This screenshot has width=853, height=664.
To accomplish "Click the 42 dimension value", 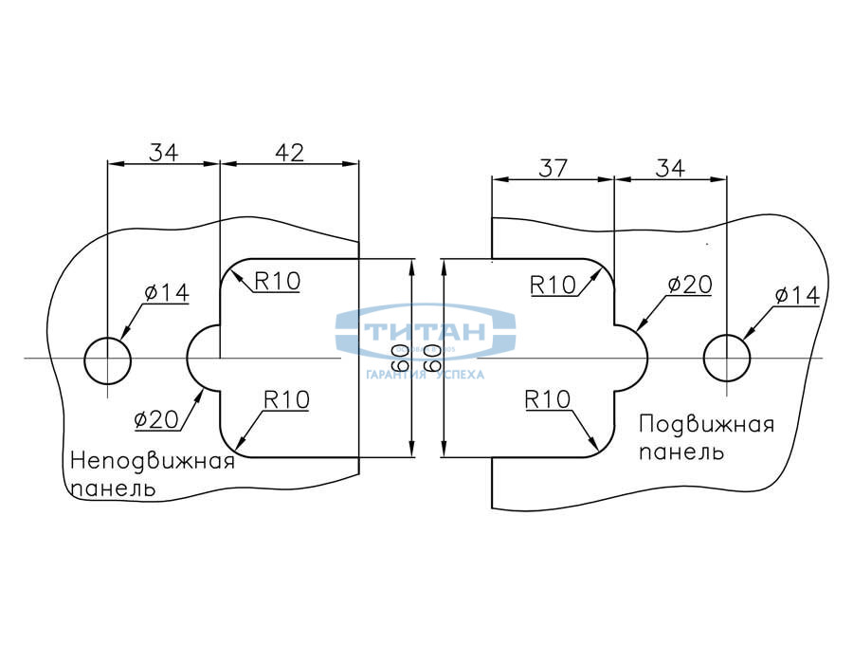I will pos(289,152).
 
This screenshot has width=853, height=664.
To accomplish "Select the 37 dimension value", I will pos(553,168).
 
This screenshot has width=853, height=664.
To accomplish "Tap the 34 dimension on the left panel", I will pos(163,152).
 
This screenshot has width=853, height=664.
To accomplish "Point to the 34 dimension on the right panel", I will pos(670,168).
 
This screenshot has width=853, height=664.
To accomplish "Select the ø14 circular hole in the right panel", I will pos(727,359).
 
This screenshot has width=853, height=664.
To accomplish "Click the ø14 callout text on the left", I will pos(167,292).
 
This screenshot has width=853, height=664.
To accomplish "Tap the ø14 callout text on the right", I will pos(796,295).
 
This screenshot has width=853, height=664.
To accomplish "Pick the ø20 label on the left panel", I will pos(157,418).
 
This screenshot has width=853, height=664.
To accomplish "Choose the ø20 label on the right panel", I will pos(689,284).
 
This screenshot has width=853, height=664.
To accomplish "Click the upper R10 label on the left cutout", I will pos(277,280).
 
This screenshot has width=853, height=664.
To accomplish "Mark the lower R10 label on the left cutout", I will pos(286,399).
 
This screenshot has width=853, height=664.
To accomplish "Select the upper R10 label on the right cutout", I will pos(554,284).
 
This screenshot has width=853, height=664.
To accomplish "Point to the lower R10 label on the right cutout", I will pos(549,399).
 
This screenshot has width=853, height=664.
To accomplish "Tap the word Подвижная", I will pos(706,424).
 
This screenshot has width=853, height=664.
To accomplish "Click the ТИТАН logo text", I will pos(426,332).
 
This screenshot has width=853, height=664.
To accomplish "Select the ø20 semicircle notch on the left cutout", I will pos(203,359).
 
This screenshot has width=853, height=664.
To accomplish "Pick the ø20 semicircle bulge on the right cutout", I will pos(633,359).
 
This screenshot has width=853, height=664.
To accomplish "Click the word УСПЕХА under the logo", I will pos(460,375).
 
